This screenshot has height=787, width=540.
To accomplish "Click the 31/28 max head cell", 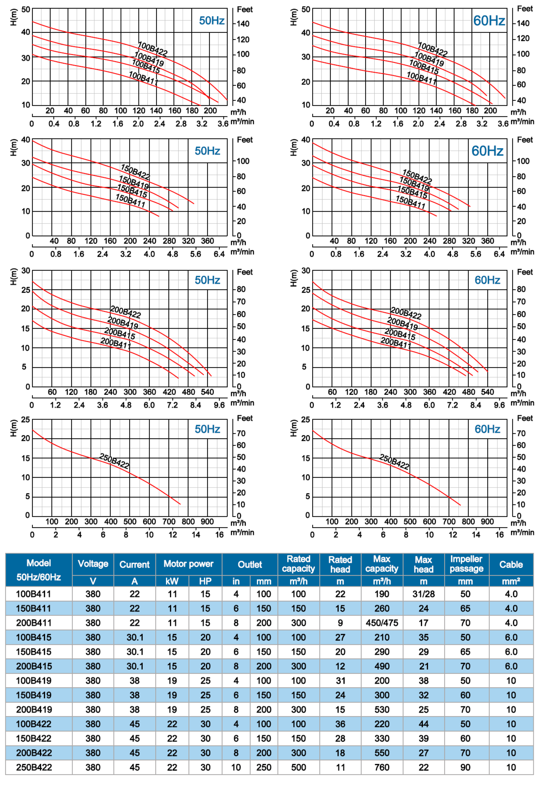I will click(423, 594).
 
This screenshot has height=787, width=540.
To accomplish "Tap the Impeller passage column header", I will click(466, 564).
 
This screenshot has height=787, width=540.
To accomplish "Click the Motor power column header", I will click(188, 564).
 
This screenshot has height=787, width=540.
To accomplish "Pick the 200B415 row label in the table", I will click(34, 666).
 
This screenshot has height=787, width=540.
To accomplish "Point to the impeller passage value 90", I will click(465, 767).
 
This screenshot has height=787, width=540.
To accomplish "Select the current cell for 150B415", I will click(135, 652).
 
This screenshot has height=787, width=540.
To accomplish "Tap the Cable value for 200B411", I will click(511, 623).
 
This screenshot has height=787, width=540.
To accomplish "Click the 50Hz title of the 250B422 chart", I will click(207, 429).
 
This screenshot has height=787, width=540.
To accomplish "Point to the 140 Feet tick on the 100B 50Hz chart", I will click(243, 24).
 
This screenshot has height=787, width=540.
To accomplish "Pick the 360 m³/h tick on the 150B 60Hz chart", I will click(488, 241).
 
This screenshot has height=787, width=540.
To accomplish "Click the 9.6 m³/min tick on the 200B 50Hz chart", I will click(219, 405).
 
